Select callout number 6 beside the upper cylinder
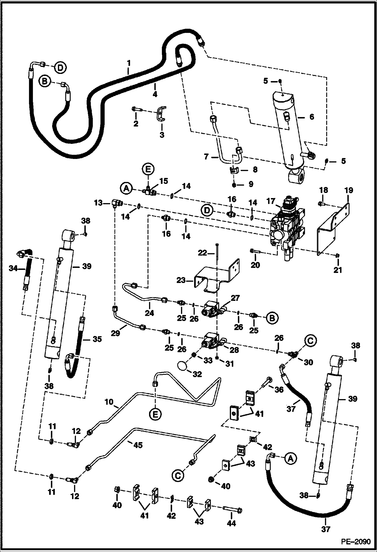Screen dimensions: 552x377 pos(312,117)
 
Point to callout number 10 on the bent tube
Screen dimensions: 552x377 pos(109,402)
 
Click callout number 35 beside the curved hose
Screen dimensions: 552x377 pos(97,339)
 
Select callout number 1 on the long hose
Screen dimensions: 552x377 pos(129,63)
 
